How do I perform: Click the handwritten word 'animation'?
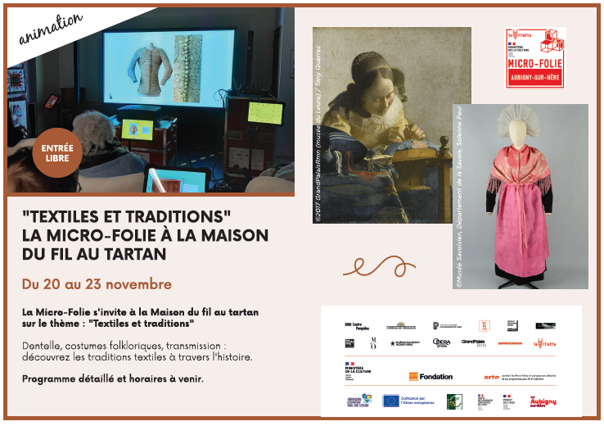(51, 27)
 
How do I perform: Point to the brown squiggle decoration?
(378, 265)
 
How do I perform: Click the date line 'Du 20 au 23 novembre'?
(97, 285)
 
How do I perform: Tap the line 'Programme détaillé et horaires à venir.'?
(113, 378)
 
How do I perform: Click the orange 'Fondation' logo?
(430, 376)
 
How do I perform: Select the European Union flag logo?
(390, 401)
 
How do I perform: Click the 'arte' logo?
(491, 376)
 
